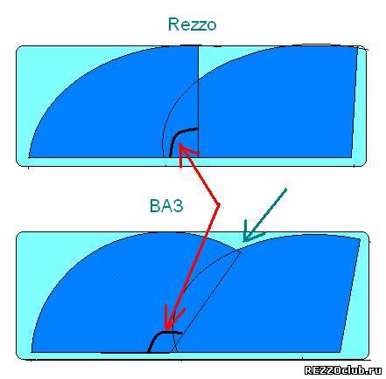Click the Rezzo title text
tap(192, 24)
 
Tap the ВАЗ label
tap(166, 206)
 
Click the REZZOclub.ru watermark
tap(343, 370)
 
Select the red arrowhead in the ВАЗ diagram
tap(172, 319)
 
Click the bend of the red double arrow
tap(218, 205)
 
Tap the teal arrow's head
tap(250, 233)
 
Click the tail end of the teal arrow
tap(286, 189)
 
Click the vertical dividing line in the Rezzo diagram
tap(199, 102)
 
